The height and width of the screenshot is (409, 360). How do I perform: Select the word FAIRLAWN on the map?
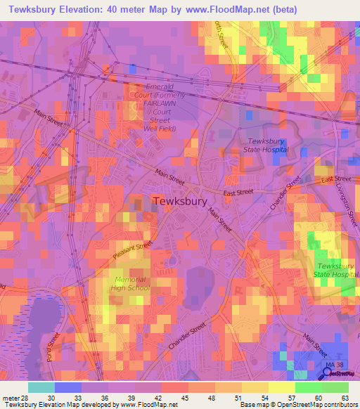[x=160, y=103]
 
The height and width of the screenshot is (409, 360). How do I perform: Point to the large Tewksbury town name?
[x=180, y=201]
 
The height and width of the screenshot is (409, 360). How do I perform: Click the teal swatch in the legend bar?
[x=41, y=387]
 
